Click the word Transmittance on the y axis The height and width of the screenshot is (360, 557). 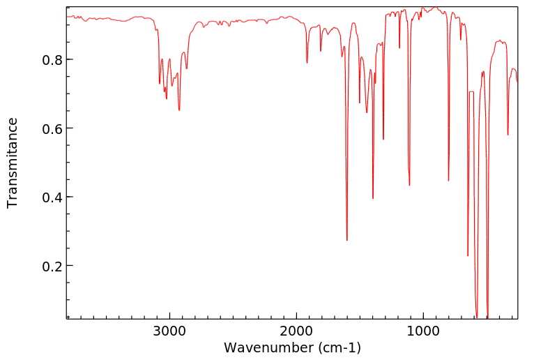tap(13, 163)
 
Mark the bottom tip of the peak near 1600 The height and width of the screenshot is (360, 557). tap(347, 240)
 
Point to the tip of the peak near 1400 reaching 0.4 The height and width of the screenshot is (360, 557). tap(373, 198)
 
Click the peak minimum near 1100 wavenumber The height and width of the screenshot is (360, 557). tap(409, 185)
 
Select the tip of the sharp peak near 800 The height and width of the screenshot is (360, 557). tap(449, 180)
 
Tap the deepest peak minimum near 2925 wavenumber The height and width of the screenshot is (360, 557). tap(179, 110)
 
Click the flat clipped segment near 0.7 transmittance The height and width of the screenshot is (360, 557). tap(471, 92)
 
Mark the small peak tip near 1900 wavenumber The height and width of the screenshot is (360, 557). tap(307, 63)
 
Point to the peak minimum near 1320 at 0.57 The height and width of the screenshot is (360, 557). tap(383, 139)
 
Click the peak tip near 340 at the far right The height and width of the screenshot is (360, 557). tap(508, 135)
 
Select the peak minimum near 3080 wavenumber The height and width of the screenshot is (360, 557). tap(160, 84)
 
